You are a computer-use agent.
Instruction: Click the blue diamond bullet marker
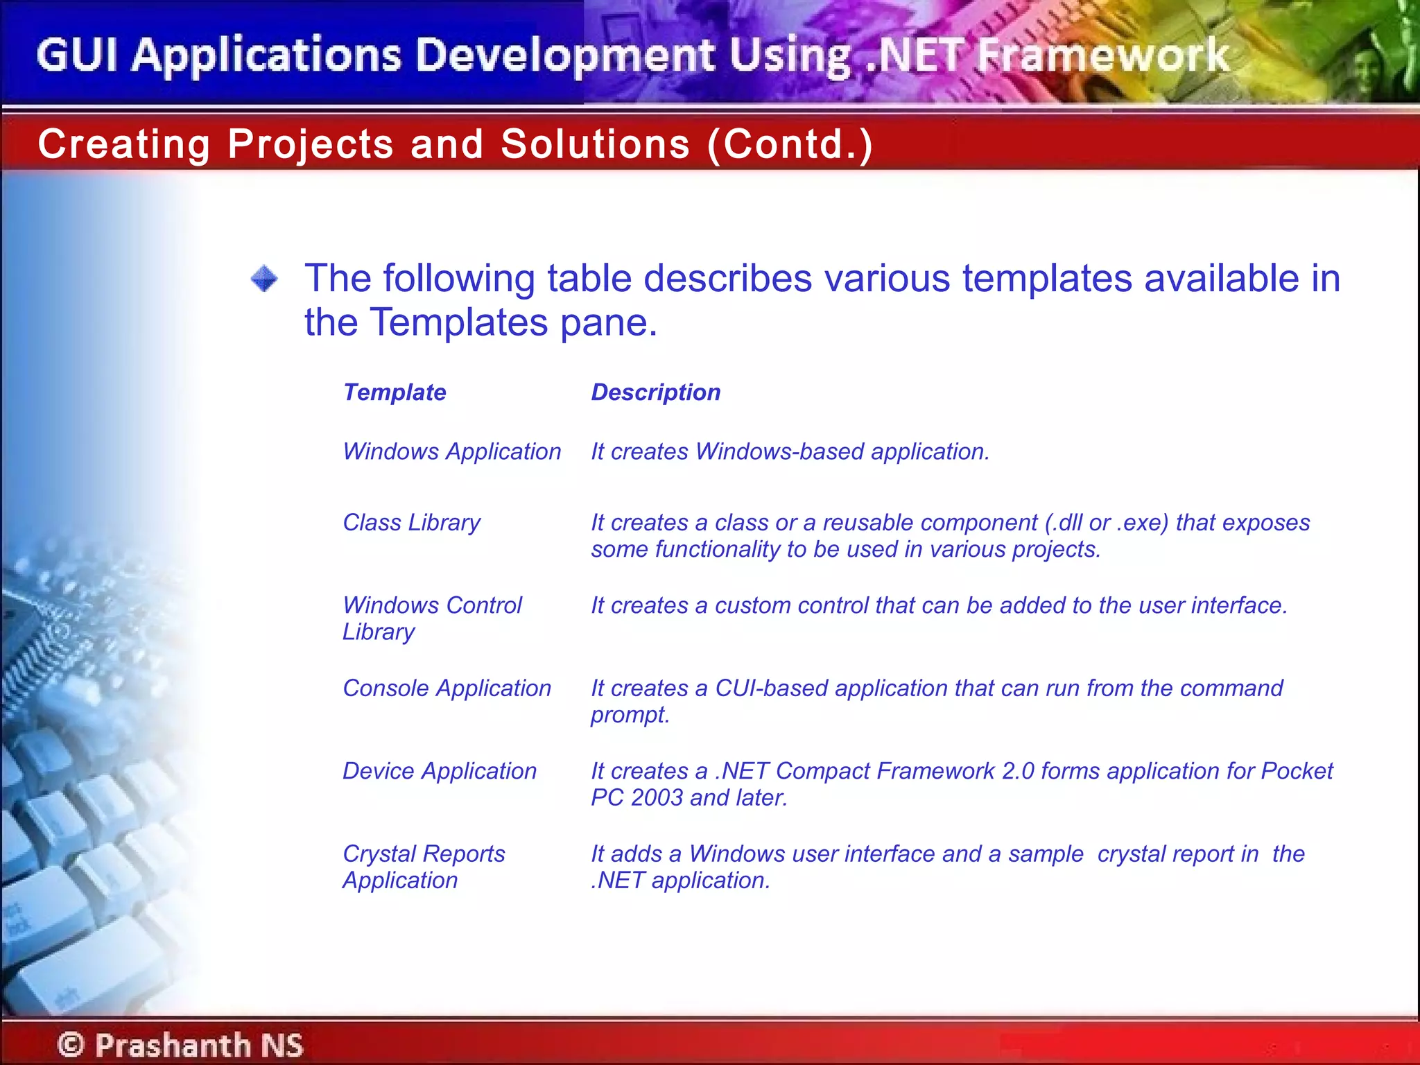pyautogui.click(x=264, y=279)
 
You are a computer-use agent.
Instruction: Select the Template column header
pyautogui.click(x=395, y=392)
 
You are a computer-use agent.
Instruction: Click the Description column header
pyautogui.click(x=655, y=392)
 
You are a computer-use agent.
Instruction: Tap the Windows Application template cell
pyautogui.click(x=451, y=451)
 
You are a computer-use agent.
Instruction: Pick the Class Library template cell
pyautogui.click(x=411, y=522)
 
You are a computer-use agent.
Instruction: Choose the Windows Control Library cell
pyautogui.click(x=432, y=618)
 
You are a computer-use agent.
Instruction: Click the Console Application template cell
pyautogui.click(x=447, y=688)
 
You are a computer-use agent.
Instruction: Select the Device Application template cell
pyautogui.click(x=440, y=770)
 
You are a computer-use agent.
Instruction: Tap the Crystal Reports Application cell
pyautogui.click(x=424, y=867)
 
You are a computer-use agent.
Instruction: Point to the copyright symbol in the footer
pyautogui.click(x=71, y=1044)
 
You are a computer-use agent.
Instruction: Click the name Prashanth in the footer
pyautogui.click(x=173, y=1044)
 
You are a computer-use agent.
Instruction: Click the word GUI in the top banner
pyautogui.click(x=77, y=55)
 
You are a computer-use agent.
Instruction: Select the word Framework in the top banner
pyautogui.click(x=1102, y=55)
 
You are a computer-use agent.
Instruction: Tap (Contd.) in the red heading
pyautogui.click(x=790, y=144)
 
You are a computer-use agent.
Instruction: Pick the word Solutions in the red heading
pyautogui.click(x=595, y=144)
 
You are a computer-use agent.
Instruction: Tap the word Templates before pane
pyautogui.click(x=458, y=322)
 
